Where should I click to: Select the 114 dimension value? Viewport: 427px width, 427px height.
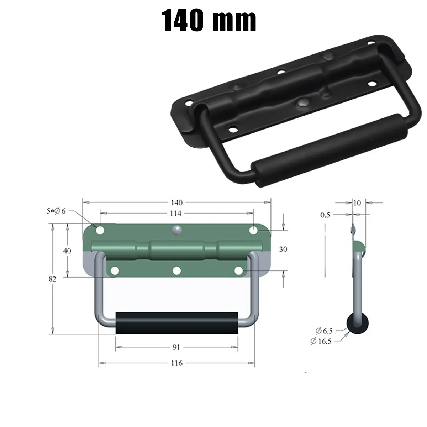[x=176, y=213]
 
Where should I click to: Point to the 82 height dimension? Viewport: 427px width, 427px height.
[x=52, y=279]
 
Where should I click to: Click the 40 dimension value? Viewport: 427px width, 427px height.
[x=67, y=251]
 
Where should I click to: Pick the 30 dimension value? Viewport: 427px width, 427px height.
[x=283, y=249]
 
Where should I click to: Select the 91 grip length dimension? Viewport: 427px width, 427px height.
[x=176, y=347]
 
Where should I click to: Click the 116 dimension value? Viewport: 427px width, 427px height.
[x=176, y=363]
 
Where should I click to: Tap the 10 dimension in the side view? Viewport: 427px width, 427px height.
[x=357, y=203]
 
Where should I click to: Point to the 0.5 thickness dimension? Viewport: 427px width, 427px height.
[x=325, y=215]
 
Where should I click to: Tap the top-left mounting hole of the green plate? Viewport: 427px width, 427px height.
[x=100, y=231]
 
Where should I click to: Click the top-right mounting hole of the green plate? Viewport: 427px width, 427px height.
[x=253, y=231]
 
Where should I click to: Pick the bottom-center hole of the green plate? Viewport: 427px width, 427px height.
[x=176, y=271]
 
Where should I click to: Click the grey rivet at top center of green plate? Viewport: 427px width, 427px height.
[x=176, y=230]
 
